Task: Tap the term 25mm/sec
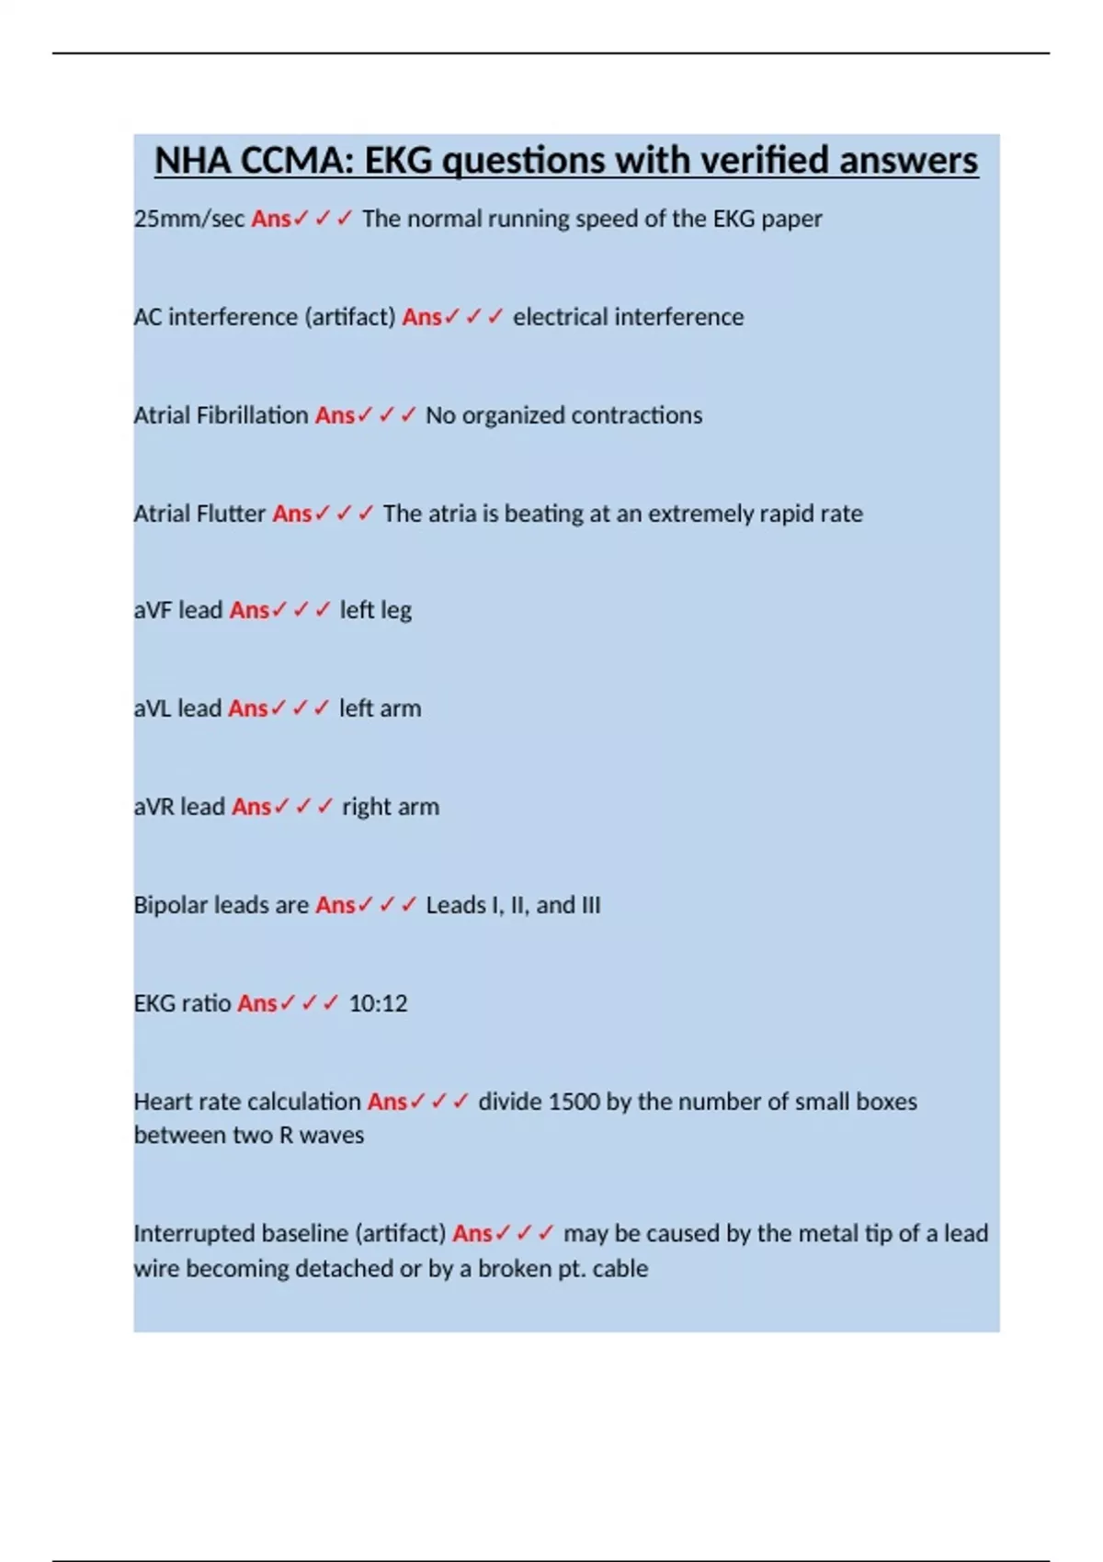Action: (189, 219)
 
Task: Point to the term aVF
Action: (153, 610)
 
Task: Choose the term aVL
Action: (153, 708)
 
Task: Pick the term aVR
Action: (154, 807)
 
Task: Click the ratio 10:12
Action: (378, 1003)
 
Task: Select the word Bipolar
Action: (171, 905)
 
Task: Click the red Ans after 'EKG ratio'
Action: (257, 1003)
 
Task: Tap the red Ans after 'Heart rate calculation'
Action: (387, 1102)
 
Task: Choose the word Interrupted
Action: (194, 1233)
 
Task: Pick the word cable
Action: (620, 1269)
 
